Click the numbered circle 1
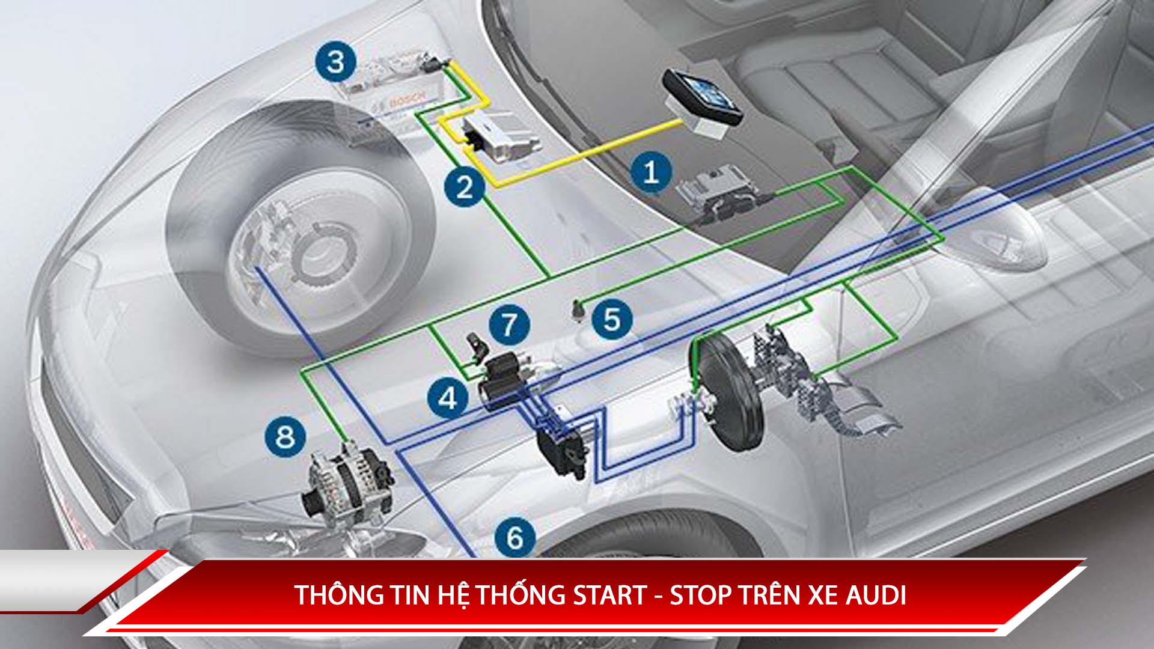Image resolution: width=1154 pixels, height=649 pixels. tap(651, 172)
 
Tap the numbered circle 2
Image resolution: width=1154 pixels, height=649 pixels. tap(465, 187)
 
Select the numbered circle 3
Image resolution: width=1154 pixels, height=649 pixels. tap(336, 62)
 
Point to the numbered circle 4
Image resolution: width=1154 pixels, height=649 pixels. tap(448, 398)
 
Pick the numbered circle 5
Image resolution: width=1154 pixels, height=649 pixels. tap(612, 319)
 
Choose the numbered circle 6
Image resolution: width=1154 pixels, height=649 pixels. tap(515, 537)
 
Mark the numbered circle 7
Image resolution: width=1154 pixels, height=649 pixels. tap(509, 324)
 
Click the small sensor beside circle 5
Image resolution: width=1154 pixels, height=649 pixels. tap(578, 311)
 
